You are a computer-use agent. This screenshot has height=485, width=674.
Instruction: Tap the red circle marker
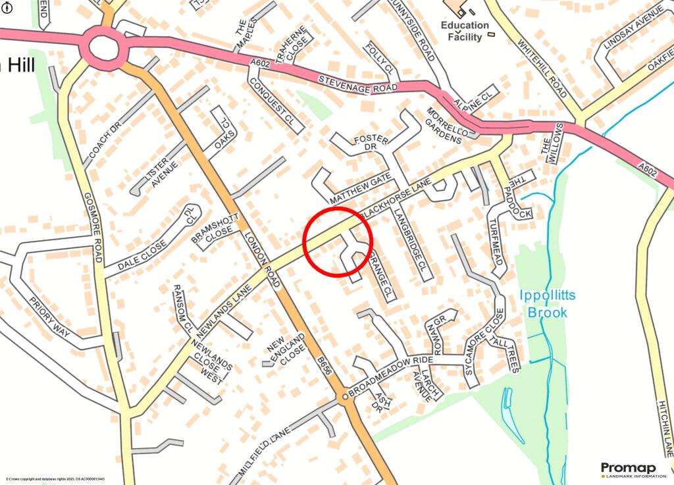pos(338,241)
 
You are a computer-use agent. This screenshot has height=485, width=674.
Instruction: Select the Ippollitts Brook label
pos(547,303)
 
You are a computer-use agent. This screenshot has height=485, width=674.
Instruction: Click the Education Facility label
pos(465,31)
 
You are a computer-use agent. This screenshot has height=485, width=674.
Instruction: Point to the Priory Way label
pos(50,317)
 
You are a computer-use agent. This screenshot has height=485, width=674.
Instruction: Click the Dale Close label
pos(142,257)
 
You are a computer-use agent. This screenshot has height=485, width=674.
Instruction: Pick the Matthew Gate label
pos(361,188)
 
